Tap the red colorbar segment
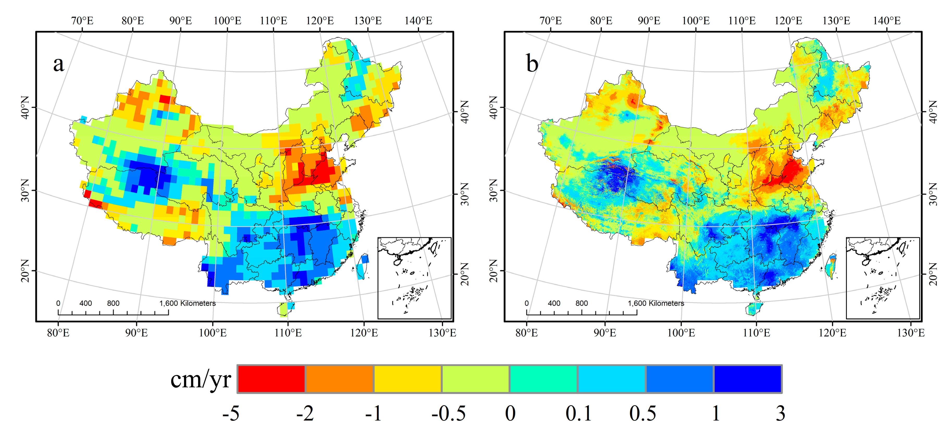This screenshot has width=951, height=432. tap(271, 379)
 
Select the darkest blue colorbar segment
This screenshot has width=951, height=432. tap(748, 379)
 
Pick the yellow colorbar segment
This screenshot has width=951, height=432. tap(407, 379)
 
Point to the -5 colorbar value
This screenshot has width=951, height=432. tap(231, 413)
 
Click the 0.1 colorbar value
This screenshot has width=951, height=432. tap(578, 413)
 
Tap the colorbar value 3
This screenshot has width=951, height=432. tap(780, 413)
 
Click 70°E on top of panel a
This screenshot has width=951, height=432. tap(82, 20)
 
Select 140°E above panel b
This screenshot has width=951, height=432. tap(886, 20)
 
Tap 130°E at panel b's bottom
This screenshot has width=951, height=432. tap(911, 333)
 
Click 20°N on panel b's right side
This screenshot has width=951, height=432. tap(933, 274)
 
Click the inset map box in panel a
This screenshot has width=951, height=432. tap(414, 278)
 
